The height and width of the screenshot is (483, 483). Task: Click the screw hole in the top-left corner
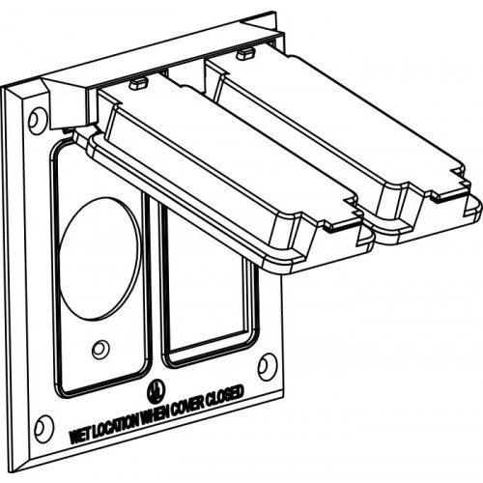coord(37,121)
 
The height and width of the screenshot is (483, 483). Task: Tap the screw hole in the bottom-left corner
coord(43,428)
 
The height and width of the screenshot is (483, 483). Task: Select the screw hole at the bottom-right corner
coord(268,367)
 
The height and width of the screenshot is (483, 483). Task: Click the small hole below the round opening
coord(99,350)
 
